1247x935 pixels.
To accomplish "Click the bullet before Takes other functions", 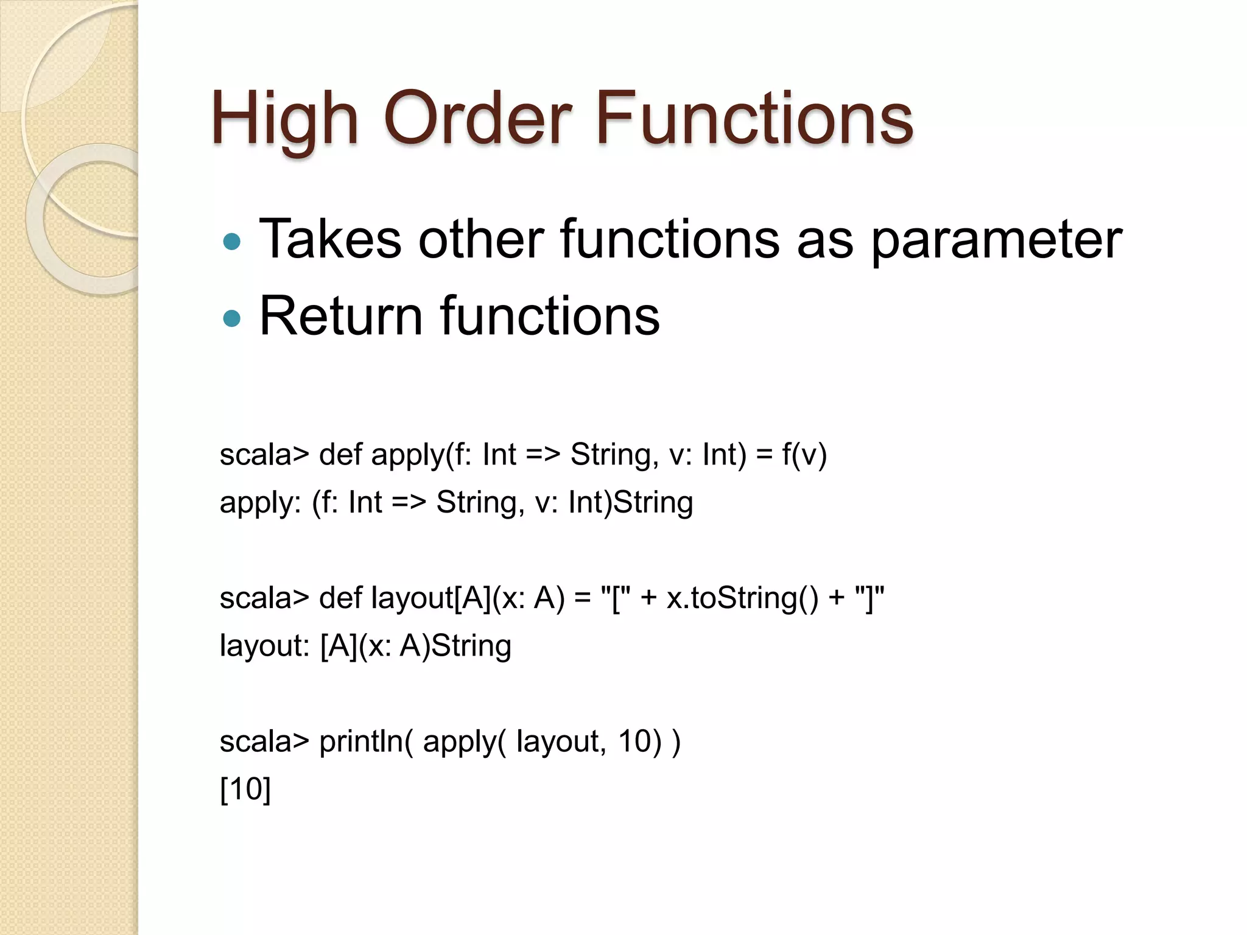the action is pyautogui.click(x=232, y=242).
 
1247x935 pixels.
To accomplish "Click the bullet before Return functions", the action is pyautogui.click(x=232, y=318).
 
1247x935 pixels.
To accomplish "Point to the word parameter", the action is pyautogui.click(x=996, y=240).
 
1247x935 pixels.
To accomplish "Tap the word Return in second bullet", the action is pyautogui.click(x=341, y=316).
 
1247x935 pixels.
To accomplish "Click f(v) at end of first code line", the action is pyautogui.click(x=804, y=455).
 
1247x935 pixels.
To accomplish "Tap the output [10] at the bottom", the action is pyautogui.click(x=245, y=790).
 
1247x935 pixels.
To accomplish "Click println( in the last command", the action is pyautogui.click(x=366, y=742).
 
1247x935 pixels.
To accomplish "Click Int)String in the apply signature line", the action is pyautogui.click(x=630, y=503).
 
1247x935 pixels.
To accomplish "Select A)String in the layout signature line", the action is pyautogui.click(x=455, y=646).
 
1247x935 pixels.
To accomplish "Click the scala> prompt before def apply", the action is pyautogui.click(x=264, y=455).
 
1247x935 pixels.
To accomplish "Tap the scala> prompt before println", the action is pyautogui.click(x=264, y=742).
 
